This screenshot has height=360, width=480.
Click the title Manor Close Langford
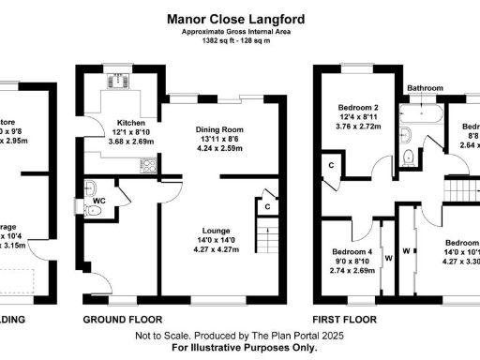click(x=239, y=17)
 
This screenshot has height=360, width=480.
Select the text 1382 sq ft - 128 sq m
click(x=239, y=40)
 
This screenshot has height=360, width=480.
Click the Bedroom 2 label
click(x=356, y=109)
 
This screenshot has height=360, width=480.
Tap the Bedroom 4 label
click(x=351, y=250)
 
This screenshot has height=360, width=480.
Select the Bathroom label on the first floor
click(x=424, y=88)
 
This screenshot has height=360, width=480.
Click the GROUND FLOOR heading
click(x=118, y=319)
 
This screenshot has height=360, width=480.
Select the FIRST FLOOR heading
click(x=344, y=319)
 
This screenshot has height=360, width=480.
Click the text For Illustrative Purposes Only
click(x=239, y=347)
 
